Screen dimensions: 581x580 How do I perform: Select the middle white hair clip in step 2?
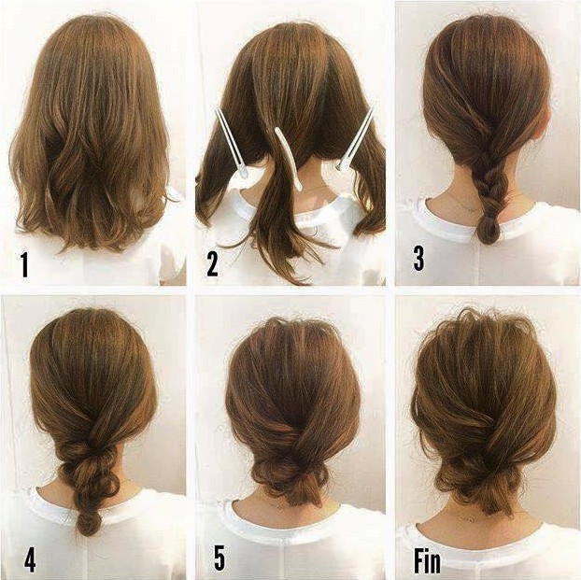tap(289, 159)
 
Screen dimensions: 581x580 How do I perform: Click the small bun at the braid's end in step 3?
tap(489, 230)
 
